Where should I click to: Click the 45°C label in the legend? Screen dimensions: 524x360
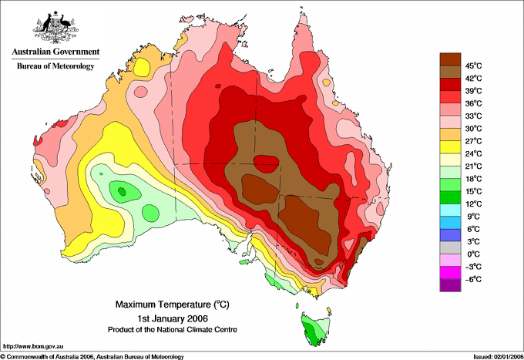pyautogui.click(x=474, y=66)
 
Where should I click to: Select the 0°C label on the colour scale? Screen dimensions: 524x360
pyautogui.click(x=474, y=254)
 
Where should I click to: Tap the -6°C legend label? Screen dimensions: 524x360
pyautogui.click(x=473, y=279)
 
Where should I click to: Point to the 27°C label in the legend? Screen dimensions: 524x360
pyautogui.click(x=474, y=141)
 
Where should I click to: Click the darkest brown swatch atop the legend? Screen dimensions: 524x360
pyautogui.click(x=450, y=59)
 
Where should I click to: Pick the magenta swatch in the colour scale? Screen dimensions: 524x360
pyautogui.click(x=450, y=273)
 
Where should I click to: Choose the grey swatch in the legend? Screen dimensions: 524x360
pyautogui.click(x=450, y=247)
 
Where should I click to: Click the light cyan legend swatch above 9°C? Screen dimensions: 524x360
pyautogui.click(x=450, y=210)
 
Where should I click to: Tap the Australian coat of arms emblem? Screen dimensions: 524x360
pyautogui.click(x=55, y=27)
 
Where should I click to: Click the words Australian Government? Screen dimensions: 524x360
pyautogui.click(x=55, y=52)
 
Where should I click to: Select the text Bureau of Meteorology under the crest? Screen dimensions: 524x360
pyautogui.click(x=55, y=66)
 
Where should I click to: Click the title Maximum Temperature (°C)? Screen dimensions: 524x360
pyautogui.click(x=173, y=304)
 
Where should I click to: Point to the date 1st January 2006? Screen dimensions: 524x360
pyautogui.click(x=173, y=318)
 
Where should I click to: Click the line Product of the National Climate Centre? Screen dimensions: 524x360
pyautogui.click(x=173, y=330)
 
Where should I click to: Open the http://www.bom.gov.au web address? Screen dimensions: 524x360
pyautogui.click(x=33, y=347)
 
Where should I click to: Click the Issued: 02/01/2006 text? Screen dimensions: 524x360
pyautogui.click(x=499, y=357)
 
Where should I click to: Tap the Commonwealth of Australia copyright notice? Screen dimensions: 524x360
pyautogui.click(x=92, y=357)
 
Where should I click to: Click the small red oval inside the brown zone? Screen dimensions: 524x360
pyautogui.click(x=267, y=164)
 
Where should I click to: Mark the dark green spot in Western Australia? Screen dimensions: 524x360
pyautogui.click(x=122, y=191)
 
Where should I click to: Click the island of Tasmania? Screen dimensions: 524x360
pyautogui.click(x=316, y=328)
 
